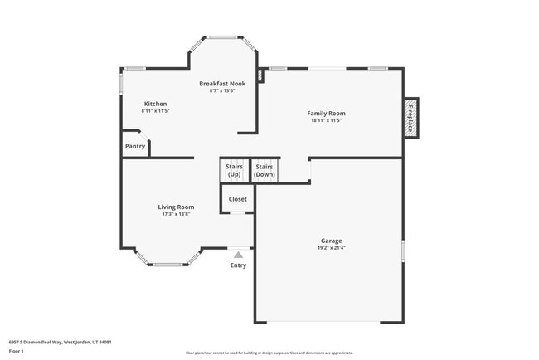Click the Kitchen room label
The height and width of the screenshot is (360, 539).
[x=155, y=104]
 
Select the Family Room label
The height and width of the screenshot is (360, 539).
[x=326, y=113]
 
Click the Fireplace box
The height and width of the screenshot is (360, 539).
[x=410, y=117]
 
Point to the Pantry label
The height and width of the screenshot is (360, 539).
[x=135, y=146]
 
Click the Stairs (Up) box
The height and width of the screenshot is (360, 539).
[x=234, y=170]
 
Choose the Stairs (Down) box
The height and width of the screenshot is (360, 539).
[x=265, y=170]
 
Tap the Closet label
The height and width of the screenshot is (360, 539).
[x=238, y=199]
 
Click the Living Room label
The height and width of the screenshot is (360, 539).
[x=176, y=207]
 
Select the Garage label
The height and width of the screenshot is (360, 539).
[x=332, y=240]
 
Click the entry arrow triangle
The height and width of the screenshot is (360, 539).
[x=238, y=255]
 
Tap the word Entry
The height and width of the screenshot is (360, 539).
[x=238, y=265]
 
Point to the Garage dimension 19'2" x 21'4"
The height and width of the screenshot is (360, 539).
[x=332, y=247]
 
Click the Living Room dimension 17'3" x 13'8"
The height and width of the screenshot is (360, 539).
[x=176, y=214]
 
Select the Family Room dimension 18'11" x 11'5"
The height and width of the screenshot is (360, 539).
[x=326, y=120]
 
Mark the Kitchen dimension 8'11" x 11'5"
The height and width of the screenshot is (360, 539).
[x=155, y=111]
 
